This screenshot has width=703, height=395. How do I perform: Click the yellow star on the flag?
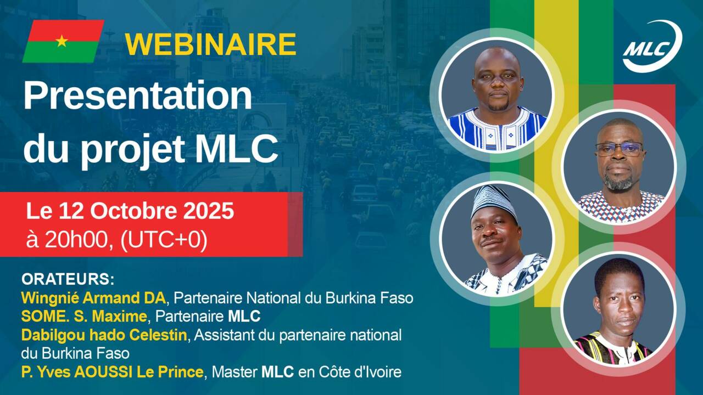(62, 41)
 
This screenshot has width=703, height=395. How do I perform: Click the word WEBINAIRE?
(210, 44)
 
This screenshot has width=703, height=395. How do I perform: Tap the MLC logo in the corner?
(652, 46)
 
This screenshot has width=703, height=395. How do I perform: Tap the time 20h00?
(78, 240)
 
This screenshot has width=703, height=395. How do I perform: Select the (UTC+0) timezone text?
(164, 241)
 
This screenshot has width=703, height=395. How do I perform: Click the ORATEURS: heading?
(68, 279)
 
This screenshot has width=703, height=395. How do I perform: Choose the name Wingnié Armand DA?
(93, 298)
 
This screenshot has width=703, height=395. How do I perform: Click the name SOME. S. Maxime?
(84, 317)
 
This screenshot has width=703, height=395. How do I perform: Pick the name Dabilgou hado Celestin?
(104, 335)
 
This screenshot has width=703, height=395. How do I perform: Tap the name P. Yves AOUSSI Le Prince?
(113, 372)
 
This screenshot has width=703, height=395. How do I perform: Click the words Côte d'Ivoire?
(360, 372)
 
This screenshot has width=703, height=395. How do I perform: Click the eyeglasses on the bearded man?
(619, 149)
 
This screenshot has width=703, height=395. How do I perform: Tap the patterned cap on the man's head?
(493, 201)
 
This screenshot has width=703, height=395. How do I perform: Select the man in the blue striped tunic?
(497, 98)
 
